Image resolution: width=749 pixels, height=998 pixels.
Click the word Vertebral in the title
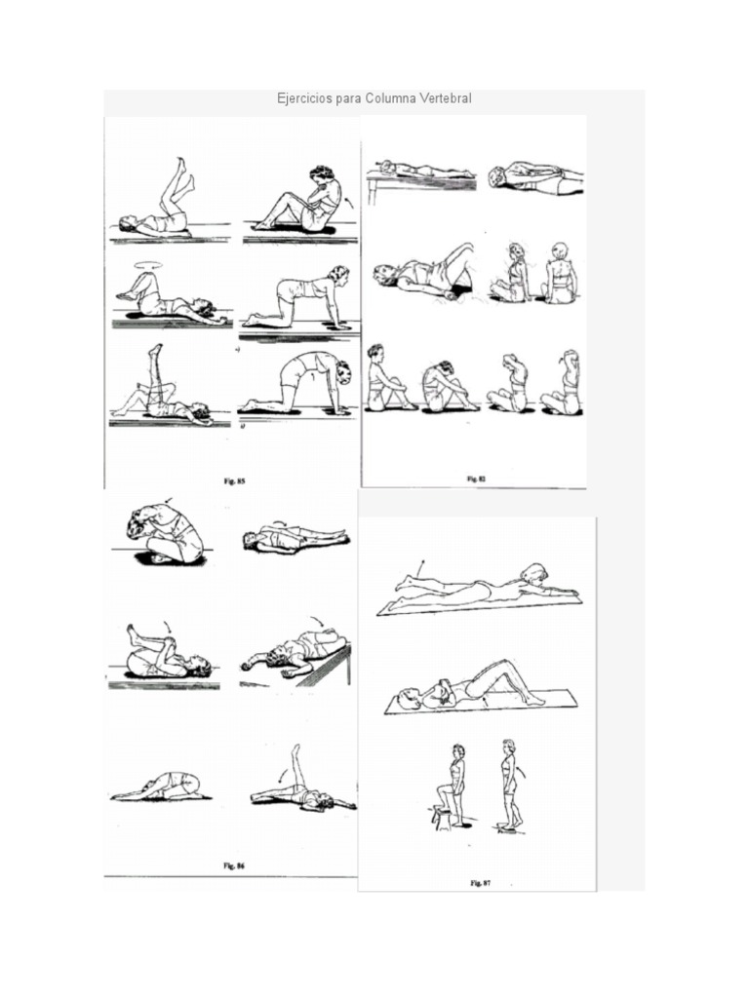(x=444, y=99)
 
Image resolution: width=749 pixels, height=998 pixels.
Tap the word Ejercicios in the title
(x=303, y=99)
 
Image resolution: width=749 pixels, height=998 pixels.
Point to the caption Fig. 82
(x=475, y=479)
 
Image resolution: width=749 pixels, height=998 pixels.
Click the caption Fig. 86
(x=232, y=864)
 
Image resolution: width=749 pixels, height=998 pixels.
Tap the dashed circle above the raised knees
(x=150, y=263)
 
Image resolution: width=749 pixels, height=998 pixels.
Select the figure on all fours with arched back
(x=296, y=382)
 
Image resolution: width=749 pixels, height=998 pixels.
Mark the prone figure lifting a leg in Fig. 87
(x=478, y=588)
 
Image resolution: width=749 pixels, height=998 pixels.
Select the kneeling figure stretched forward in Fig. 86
(x=161, y=787)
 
